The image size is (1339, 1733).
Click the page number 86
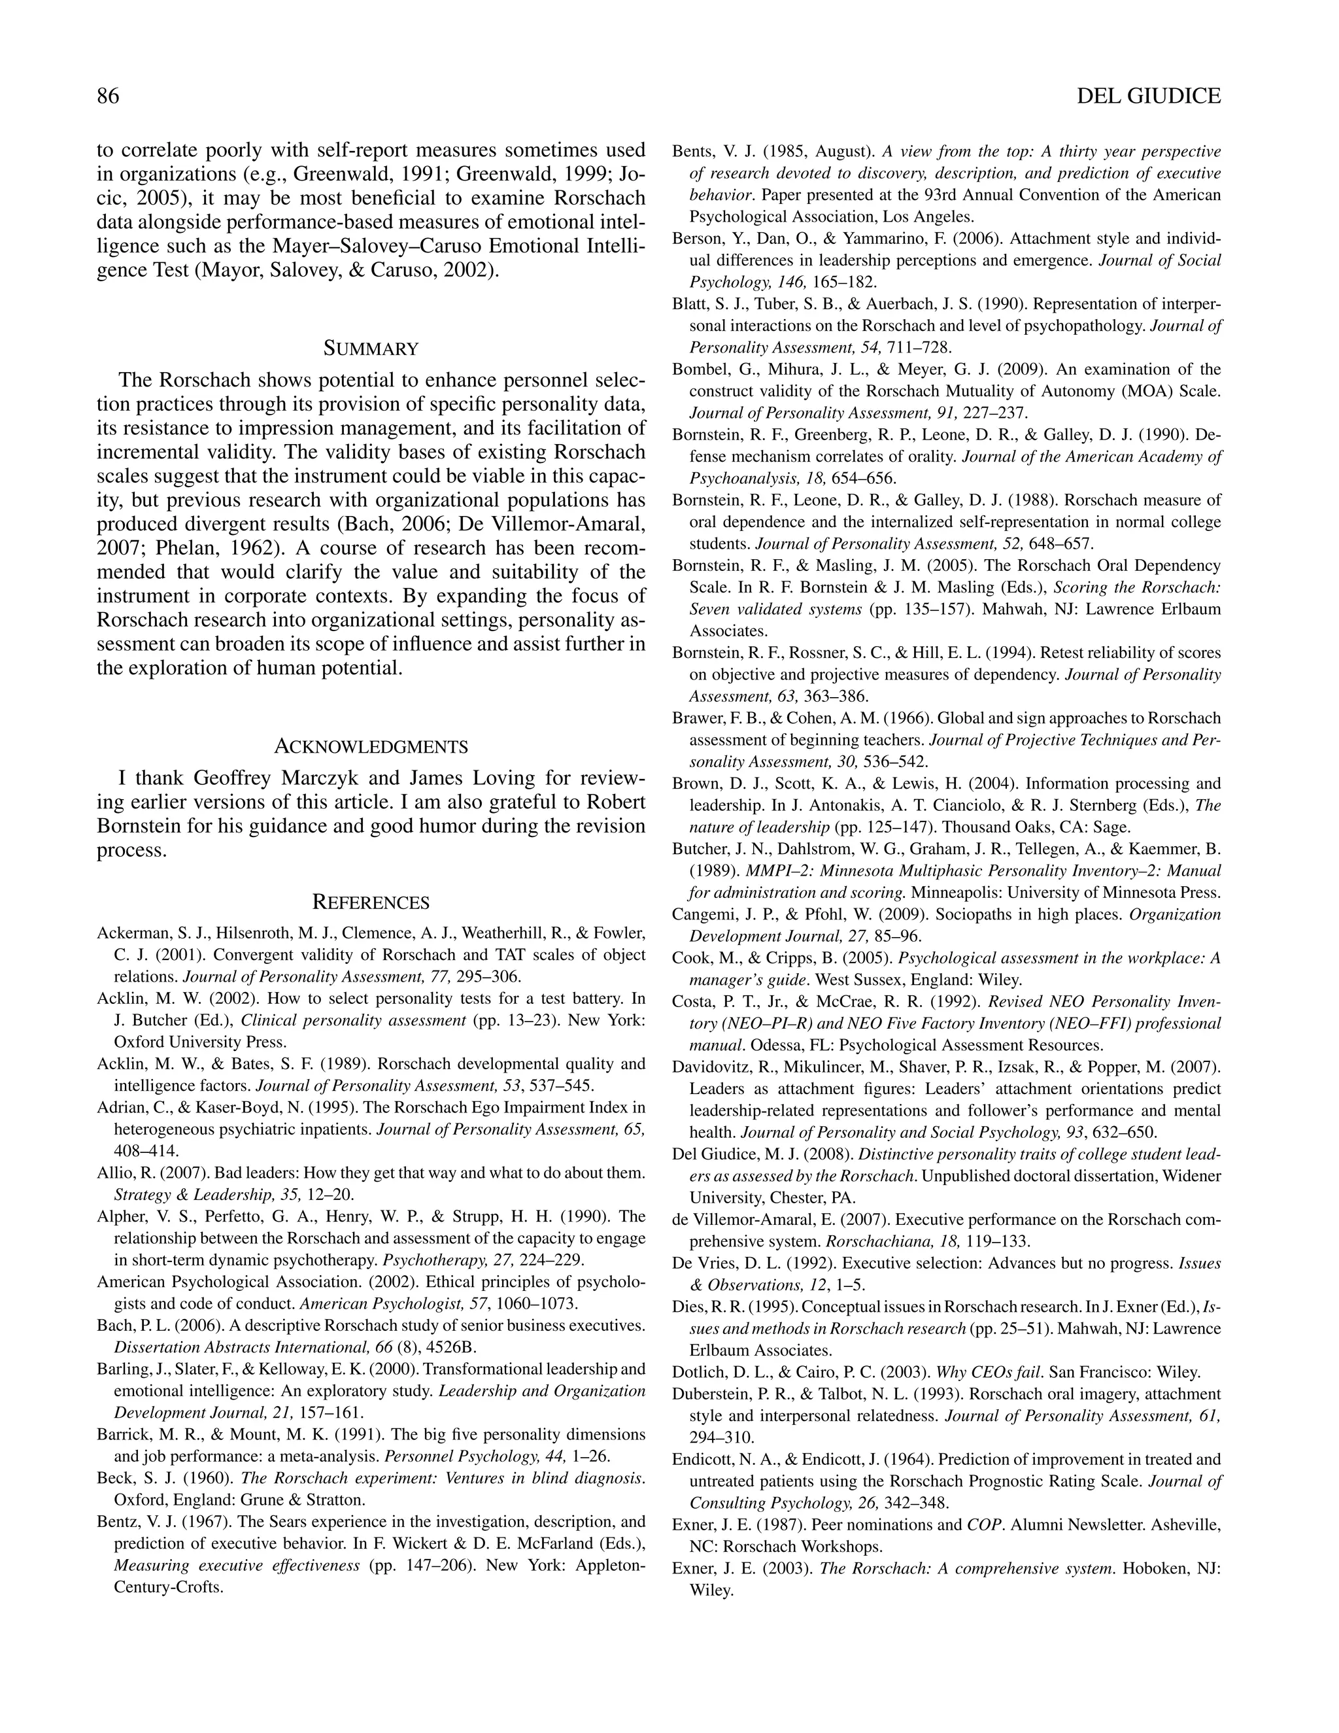[108, 96]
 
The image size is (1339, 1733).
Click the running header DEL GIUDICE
[1149, 96]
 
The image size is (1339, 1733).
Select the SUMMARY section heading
[371, 349]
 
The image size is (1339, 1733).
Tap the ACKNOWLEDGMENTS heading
[371, 747]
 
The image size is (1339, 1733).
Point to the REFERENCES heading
[371, 902]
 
